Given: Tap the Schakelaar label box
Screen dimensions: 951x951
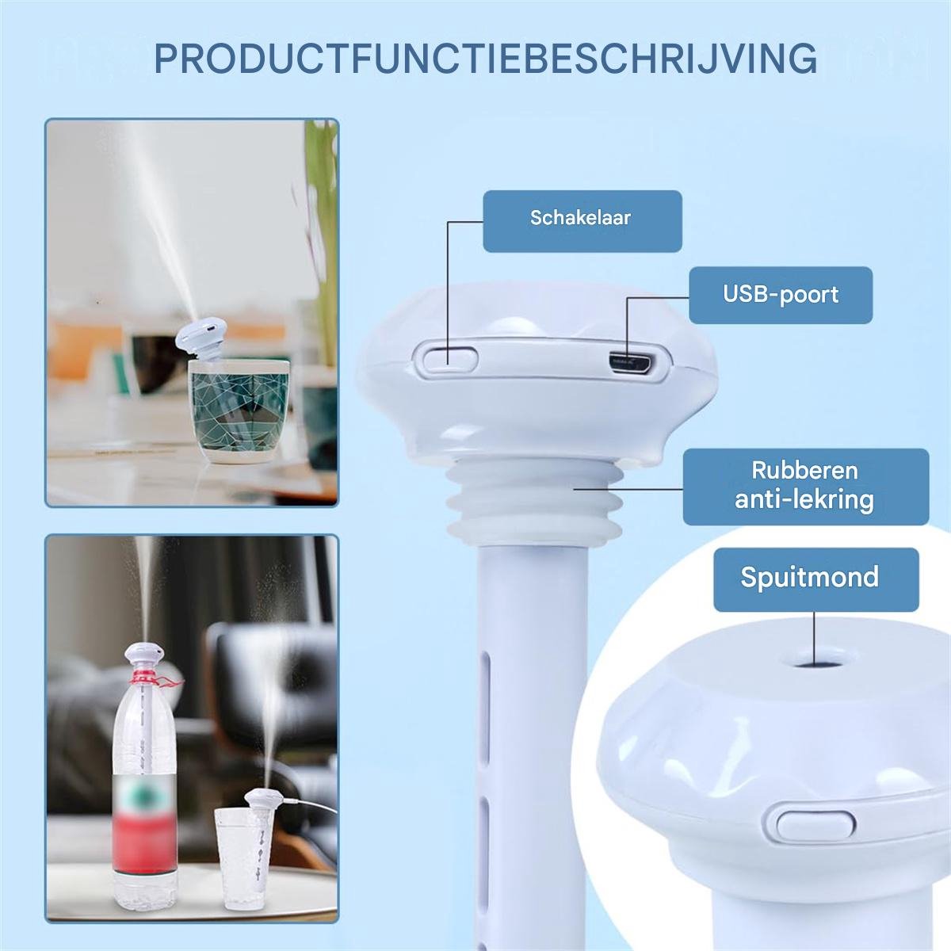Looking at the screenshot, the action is point(582,221).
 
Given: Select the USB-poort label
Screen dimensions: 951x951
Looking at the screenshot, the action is point(781,295).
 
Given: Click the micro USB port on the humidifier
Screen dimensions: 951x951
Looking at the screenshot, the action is point(632,363).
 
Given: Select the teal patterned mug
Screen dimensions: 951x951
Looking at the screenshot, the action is point(240,411).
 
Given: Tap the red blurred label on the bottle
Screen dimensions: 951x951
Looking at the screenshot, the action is point(145,815).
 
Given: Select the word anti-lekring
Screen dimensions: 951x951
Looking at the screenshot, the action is point(804,499).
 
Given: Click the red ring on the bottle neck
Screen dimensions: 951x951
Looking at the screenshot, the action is point(148,677).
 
